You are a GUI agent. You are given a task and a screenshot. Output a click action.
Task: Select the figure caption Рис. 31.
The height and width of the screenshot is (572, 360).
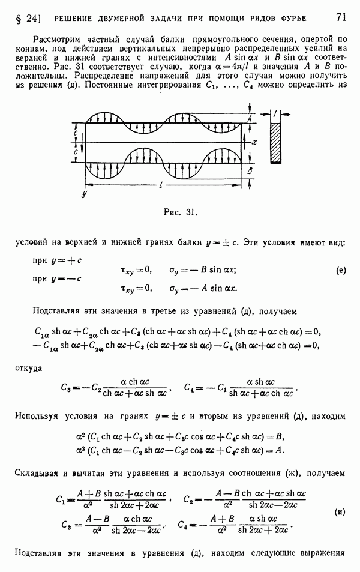[181, 212]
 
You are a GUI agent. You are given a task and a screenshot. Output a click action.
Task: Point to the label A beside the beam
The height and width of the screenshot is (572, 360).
[250, 120]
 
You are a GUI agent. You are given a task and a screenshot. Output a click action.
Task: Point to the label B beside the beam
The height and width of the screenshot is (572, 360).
[250, 171]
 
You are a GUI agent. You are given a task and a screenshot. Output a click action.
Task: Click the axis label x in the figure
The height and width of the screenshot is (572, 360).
[255, 143]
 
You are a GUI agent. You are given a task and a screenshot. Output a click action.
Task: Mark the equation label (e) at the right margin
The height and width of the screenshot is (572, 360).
[341, 271]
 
